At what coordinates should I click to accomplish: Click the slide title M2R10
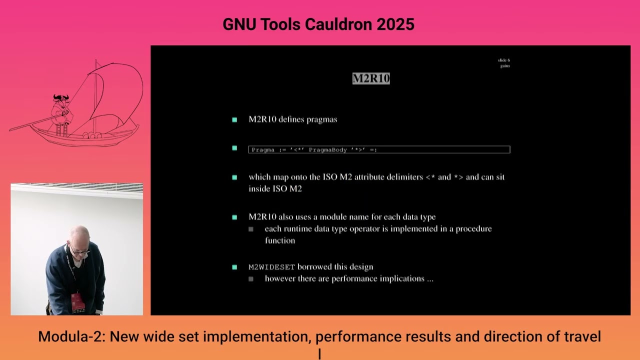370,78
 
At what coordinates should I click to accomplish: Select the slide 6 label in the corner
503,60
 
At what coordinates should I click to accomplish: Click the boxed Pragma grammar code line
379,149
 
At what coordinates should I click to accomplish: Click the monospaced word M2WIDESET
271,267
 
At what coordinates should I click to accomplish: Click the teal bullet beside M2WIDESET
234,267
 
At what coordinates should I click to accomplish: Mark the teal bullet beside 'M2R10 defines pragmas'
234,119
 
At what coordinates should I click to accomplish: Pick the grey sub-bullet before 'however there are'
251,278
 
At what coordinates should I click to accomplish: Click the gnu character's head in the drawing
61,98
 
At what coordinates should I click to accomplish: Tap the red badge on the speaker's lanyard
77,302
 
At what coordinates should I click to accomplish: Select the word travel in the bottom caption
581,336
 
